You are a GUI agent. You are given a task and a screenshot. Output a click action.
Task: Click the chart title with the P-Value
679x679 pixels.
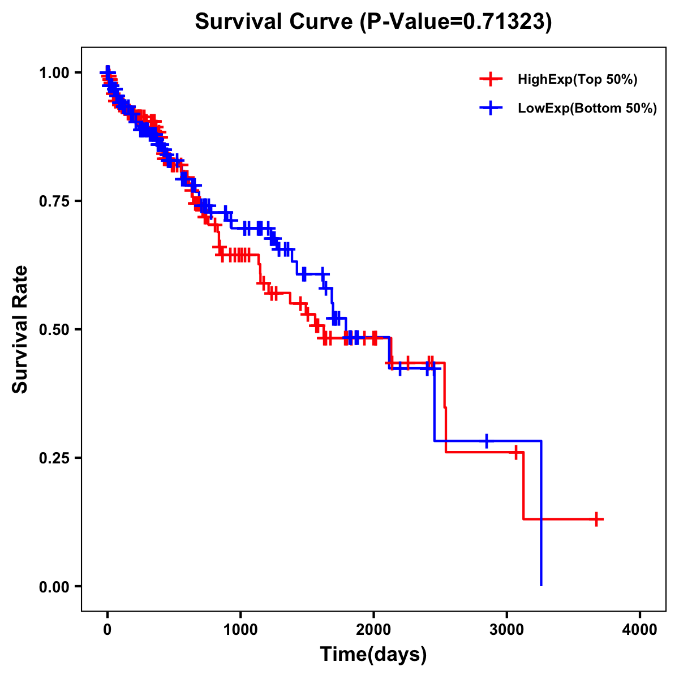click(x=373, y=22)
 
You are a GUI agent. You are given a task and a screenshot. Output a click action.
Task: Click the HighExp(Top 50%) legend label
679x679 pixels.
click(x=577, y=80)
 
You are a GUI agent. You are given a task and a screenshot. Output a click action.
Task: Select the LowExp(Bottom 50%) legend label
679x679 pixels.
click(x=587, y=109)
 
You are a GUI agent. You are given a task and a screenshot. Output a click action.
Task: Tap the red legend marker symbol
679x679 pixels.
click(x=491, y=80)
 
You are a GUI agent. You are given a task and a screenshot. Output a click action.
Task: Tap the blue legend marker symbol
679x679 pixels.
click(x=491, y=108)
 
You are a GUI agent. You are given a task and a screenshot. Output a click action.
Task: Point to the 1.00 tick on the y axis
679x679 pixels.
click(x=54, y=72)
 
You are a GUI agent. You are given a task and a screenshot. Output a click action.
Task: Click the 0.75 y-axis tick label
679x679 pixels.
click(x=54, y=201)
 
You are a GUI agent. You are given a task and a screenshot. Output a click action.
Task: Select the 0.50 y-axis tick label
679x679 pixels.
click(x=54, y=329)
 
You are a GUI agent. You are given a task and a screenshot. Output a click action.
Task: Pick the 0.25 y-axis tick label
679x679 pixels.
click(x=54, y=458)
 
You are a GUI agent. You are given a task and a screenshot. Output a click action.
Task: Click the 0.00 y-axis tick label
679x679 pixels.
click(x=54, y=586)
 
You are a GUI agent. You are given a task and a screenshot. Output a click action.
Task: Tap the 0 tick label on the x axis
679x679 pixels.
click(x=108, y=630)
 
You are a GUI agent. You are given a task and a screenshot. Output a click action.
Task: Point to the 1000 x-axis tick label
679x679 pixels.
click(x=240, y=630)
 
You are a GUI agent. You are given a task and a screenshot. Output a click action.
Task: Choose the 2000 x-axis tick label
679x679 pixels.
click(x=373, y=630)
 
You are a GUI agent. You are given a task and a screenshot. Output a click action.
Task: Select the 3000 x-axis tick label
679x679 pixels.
click(x=506, y=630)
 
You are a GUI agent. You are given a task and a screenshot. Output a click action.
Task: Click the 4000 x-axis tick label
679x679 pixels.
click(x=640, y=630)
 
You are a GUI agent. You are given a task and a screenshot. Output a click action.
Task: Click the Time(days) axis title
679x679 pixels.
click(x=373, y=655)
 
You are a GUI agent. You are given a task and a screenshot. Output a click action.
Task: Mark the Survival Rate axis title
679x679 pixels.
click(x=20, y=329)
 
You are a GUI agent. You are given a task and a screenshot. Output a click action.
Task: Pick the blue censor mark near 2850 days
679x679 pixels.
click(x=486, y=441)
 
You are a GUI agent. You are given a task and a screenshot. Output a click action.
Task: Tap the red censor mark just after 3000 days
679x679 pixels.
click(x=515, y=452)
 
